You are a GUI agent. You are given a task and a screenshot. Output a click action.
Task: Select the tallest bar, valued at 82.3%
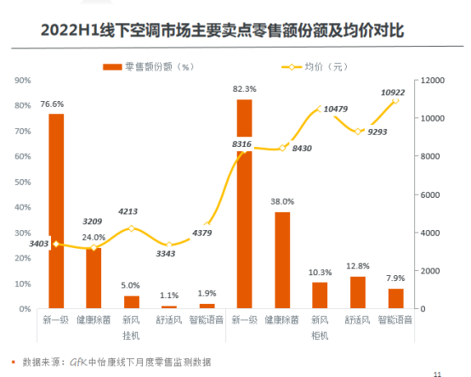(x=244, y=204)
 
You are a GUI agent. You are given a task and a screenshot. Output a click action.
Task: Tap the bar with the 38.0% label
(x=282, y=260)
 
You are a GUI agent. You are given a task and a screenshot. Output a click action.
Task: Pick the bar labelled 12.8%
(x=357, y=292)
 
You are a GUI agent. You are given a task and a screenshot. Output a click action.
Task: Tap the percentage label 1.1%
(x=169, y=295)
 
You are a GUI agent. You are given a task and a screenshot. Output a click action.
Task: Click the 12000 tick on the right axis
(x=428, y=80)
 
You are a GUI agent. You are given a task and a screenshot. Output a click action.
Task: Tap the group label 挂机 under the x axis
(x=132, y=334)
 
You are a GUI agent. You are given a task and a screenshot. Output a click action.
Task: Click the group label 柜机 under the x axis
(x=320, y=334)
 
